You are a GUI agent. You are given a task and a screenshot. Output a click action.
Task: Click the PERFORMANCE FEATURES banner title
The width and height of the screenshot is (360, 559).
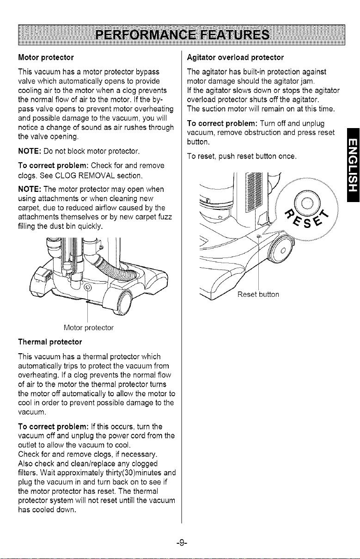tap(183, 35)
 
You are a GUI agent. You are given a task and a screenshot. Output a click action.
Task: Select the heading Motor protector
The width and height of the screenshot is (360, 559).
tap(46, 58)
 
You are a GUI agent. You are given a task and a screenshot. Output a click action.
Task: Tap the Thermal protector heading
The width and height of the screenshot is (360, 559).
tap(50, 342)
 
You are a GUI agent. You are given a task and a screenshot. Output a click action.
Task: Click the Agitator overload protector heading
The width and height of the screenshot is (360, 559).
tap(235, 58)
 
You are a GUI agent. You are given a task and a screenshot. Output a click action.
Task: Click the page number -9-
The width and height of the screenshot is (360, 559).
tap(182, 542)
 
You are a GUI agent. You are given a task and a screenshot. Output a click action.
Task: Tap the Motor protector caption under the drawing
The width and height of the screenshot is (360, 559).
tap(89, 328)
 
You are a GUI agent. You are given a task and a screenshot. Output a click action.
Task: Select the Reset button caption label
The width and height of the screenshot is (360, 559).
tap(258, 295)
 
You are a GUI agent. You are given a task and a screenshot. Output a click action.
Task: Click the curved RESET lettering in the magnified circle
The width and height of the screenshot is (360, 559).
tap(306, 217)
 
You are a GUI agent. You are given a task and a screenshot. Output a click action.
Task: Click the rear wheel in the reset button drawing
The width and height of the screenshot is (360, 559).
tap(280, 250)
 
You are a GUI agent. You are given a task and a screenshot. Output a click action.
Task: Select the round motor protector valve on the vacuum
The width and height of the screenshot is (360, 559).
tap(87, 288)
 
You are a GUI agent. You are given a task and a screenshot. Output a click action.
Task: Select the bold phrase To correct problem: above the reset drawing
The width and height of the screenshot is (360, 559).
tap(222, 123)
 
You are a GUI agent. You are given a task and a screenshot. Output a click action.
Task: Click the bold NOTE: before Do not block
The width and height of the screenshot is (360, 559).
tap(30, 151)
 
